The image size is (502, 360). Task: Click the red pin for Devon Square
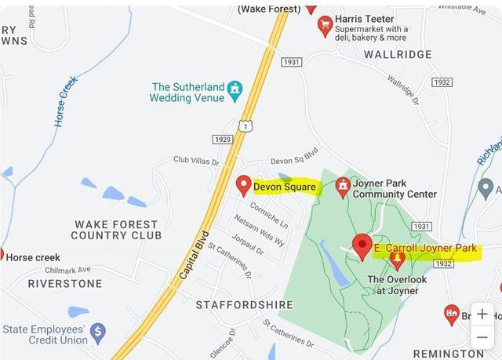[243, 185]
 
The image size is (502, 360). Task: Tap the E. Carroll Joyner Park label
[425, 249]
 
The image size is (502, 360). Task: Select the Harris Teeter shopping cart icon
[325, 27]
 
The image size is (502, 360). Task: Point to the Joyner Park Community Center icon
[342, 187]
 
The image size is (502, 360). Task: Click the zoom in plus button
[482, 314]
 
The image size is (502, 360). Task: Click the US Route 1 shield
[246, 125]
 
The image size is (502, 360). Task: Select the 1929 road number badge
[223, 139]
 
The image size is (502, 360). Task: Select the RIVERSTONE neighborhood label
[65, 284]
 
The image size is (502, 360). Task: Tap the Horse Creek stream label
[66, 101]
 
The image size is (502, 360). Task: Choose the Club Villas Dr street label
[196, 161]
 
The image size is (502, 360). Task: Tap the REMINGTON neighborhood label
[449, 354]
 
